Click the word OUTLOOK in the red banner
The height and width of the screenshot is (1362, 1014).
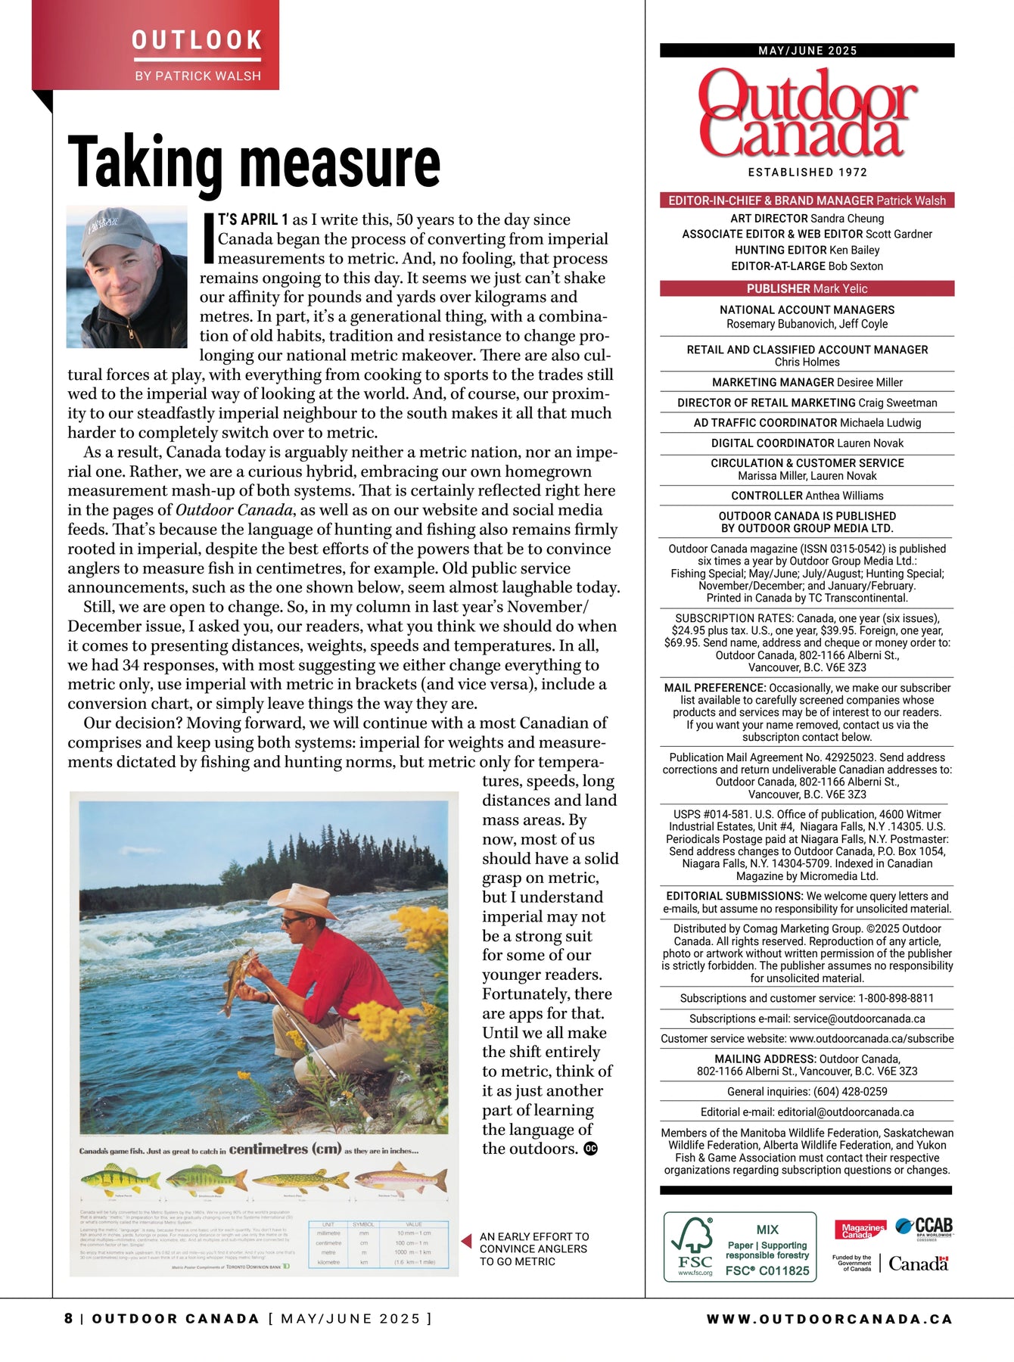[197, 40]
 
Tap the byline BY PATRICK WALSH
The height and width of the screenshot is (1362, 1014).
[198, 76]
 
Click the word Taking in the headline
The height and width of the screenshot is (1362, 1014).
[145, 163]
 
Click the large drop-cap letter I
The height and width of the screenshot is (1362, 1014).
[208, 239]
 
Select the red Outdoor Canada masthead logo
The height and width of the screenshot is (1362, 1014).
[807, 113]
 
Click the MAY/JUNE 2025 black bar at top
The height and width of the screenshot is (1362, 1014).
[807, 51]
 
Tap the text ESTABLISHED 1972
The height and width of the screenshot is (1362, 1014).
[807, 173]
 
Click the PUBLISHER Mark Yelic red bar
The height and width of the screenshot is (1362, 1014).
[807, 288]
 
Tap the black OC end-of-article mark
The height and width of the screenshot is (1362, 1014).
[590, 1149]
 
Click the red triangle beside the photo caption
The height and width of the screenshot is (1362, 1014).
[466, 1242]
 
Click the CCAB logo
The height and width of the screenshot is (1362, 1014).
[924, 1227]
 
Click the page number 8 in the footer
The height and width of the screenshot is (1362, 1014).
[69, 1319]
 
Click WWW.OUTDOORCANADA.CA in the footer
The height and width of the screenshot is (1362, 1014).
[829, 1319]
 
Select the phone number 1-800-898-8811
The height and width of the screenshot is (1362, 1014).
[896, 998]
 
